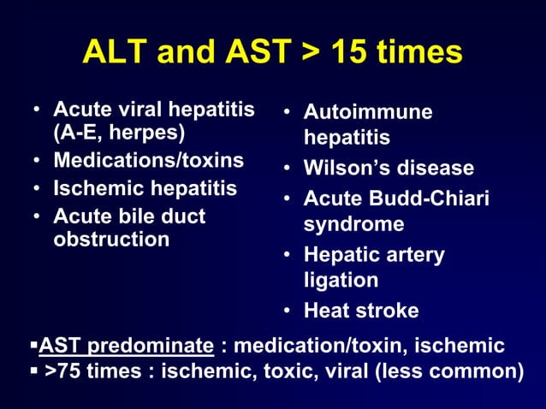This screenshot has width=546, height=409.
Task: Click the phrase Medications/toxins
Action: [x=148, y=160]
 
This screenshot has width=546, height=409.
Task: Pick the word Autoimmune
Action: [x=368, y=112]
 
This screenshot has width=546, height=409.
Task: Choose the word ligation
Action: [x=340, y=280]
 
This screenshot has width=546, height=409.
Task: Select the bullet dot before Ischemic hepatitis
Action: [x=37, y=188]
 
